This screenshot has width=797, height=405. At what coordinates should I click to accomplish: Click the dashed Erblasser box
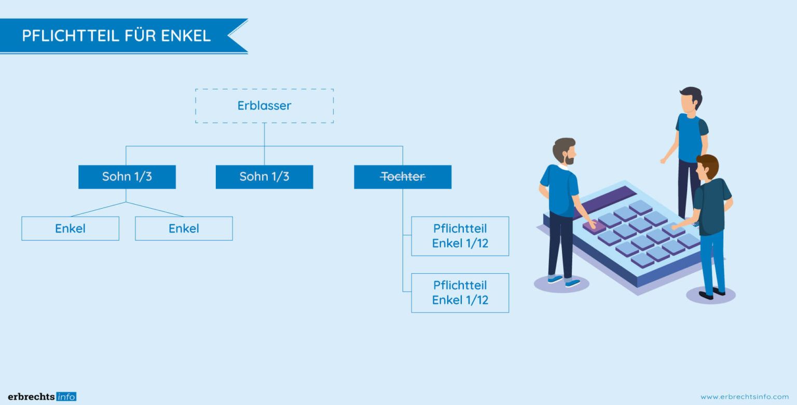(264, 106)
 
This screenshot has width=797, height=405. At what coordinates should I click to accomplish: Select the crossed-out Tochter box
(403, 177)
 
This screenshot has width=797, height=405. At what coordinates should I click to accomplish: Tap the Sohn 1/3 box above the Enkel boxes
(127, 177)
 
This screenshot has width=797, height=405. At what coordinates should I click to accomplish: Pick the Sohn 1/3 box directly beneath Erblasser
(264, 177)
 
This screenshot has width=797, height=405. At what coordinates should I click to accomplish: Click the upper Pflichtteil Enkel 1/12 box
(460, 236)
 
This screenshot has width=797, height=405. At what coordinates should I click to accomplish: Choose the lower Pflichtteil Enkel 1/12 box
(460, 293)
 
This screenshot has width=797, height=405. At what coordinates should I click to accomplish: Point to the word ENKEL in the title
(185, 36)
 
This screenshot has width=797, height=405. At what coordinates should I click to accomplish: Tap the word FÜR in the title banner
(141, 36)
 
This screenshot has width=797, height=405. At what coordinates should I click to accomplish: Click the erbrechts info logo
(42, 397)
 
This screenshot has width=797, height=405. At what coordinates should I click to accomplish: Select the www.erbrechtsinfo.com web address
(744, 397)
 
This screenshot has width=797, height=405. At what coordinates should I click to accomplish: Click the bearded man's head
(564, 151)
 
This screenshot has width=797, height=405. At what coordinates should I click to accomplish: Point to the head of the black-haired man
(691, 99)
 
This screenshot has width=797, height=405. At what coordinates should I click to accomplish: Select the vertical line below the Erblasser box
(264, 135)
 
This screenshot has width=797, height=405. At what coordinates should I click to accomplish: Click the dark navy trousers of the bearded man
(561, 244)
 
